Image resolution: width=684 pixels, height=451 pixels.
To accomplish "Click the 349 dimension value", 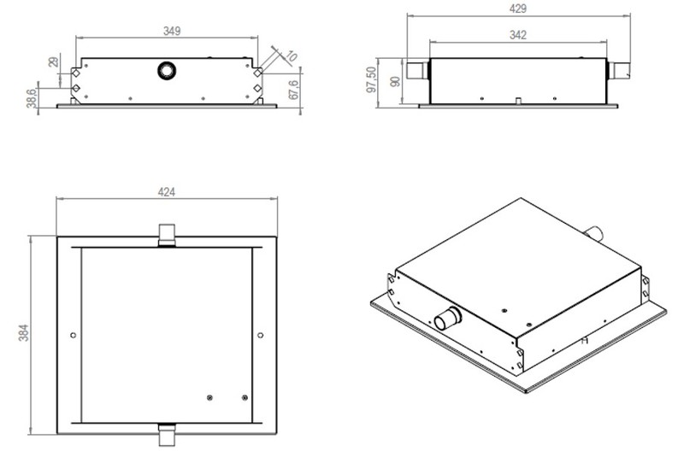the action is tap(172, 31).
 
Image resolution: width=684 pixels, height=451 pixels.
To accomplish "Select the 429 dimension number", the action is tap(518, 9).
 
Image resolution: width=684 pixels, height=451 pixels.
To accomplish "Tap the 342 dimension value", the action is tap(518, 35).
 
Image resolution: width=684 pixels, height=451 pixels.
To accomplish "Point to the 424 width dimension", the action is tap(167, 191).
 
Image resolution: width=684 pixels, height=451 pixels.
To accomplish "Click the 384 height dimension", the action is tap(24, 332).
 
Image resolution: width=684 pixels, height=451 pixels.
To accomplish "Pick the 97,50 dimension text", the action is tap(371, 79).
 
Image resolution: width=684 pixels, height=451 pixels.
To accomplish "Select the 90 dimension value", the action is tap(395, 81).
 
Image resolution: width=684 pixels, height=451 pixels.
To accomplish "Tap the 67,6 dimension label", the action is tap(294, 90).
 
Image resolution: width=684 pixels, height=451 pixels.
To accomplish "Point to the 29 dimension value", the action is tap(53, 61).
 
